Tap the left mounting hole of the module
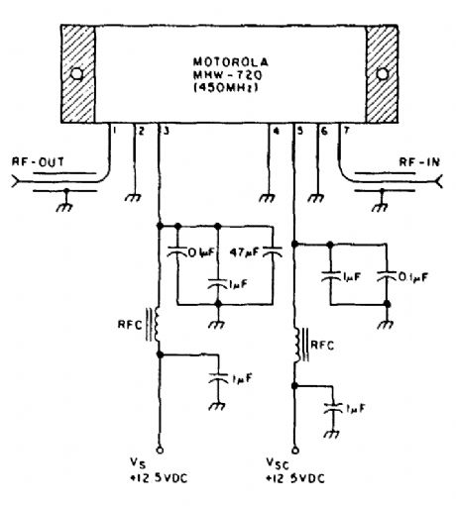(74, 75)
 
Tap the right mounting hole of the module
(382, 75)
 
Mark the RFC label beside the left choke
(127, 324)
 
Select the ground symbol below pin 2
(135, 198)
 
